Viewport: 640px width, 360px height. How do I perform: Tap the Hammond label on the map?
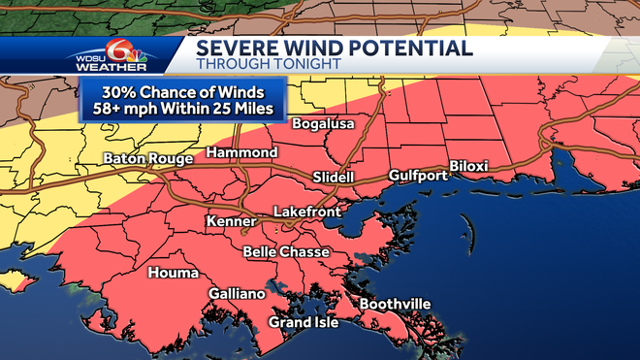[x=241, y=153]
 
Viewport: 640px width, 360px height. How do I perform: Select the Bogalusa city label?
[x=322, y=125]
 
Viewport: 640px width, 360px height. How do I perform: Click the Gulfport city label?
[x=417, y=176]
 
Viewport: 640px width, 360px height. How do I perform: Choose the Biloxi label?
[x=468, y=167]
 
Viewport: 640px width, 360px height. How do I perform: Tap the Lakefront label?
[x=304, y=211]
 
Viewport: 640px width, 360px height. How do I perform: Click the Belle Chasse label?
[x=286, y=252]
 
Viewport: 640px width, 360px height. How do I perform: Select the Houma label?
[x=173, y=274]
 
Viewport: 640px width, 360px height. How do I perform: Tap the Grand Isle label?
[x=304, y=322]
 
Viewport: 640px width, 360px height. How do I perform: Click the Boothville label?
[x=395, y=305]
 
